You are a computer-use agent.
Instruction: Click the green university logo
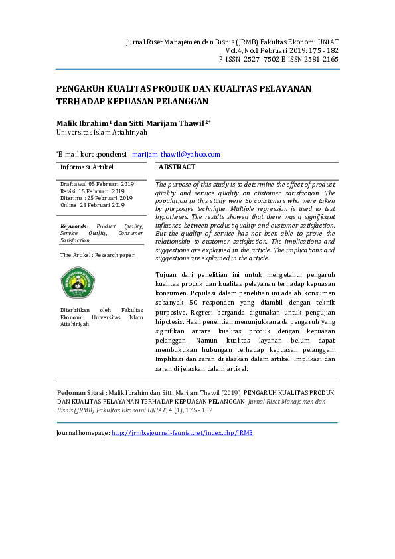(78, 283)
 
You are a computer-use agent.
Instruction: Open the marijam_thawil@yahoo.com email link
(176, 154)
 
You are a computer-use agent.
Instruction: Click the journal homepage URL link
(182, 433)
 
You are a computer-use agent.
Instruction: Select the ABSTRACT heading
(177, 167)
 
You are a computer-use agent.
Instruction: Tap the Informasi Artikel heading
(87, 167)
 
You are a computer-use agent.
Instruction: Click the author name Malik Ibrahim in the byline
(83, 123)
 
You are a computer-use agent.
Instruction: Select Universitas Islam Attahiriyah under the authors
(102, 133)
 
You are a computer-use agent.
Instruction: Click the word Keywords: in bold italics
(74, 226)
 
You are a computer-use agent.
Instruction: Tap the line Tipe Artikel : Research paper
(97, 255)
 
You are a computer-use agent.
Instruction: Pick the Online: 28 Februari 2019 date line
(92, 205)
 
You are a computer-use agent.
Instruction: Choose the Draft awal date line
(97, 183)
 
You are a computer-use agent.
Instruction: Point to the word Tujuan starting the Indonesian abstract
(167, 274)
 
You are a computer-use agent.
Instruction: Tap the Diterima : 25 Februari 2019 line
(96, 198)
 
